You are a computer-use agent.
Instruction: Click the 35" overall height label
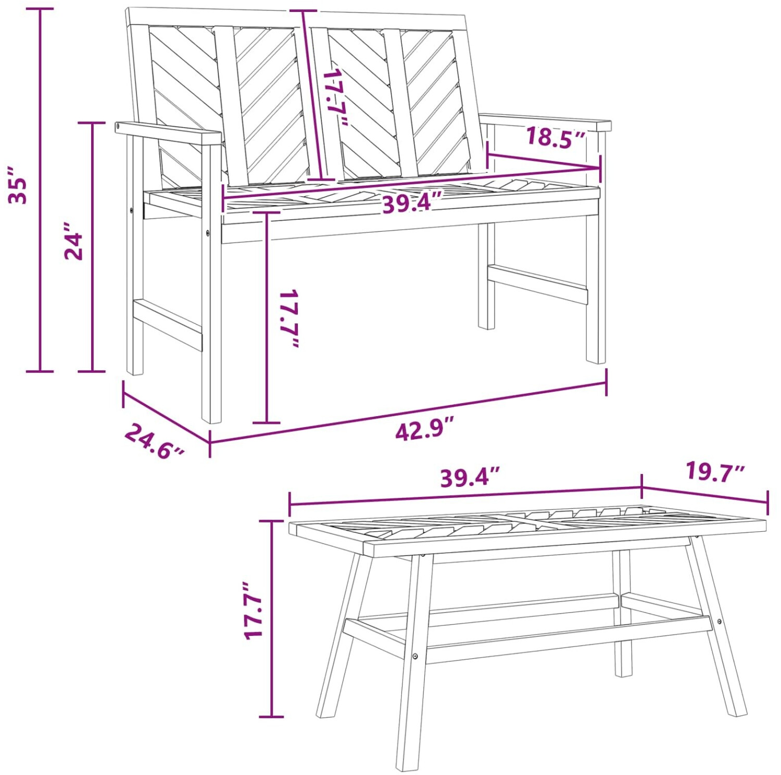[17, 185]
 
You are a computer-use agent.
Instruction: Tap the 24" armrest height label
[74, 241]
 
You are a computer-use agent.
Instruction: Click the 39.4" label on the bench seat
[412, 203]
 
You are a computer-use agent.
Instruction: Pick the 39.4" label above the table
[470, 477]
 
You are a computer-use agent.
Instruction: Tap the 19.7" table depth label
[715, 471]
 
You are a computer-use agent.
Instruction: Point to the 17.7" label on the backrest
[337, 97]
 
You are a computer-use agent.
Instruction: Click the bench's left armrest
[168, 133]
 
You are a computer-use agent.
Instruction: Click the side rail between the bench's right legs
[538, 284]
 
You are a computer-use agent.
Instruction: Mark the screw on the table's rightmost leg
[719, 621]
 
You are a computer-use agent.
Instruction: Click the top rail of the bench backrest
[297, 19]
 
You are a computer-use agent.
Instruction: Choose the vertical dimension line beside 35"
[40, 190]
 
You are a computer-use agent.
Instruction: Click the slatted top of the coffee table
[527, 530]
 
